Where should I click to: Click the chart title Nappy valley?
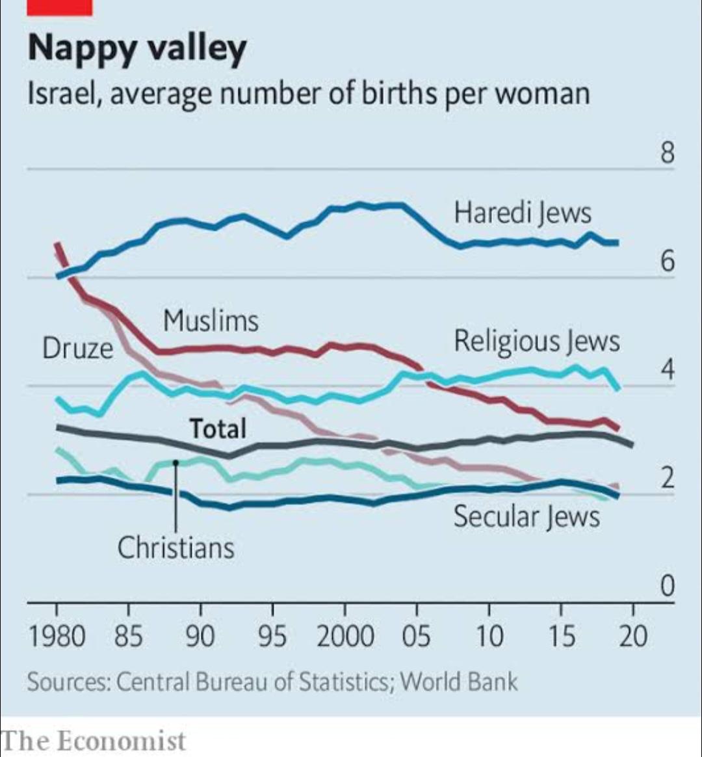[137, 49]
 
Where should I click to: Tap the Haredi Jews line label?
[523, 213]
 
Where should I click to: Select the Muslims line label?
[211, 321]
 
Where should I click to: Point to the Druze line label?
[77, 349]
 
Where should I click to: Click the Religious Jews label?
[537, 341]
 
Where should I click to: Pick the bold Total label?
[218, 429]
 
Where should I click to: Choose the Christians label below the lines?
[175, 548]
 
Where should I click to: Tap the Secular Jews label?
[526, 517]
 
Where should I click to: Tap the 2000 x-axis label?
[345, 637]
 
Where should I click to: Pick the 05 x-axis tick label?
[416, 637]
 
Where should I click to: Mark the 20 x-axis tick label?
[633, 637]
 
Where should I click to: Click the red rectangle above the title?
[60, 7]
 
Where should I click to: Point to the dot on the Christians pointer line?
[175, 462]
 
